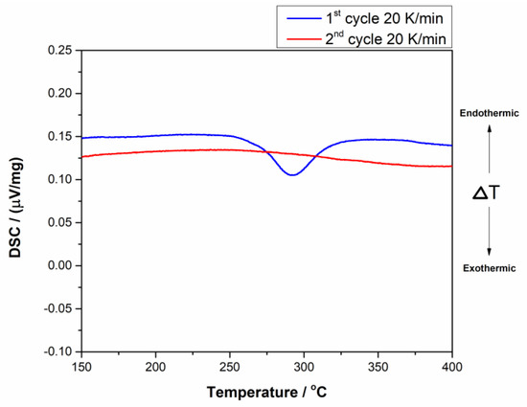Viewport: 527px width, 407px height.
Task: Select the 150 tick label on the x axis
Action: (82, 368)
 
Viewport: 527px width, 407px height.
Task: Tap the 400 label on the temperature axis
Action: (451, 368)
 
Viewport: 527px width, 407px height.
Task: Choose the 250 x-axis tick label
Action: (230, 368)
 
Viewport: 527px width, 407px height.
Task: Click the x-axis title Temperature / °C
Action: (266, 394)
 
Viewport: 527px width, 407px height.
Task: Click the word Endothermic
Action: (490, 112)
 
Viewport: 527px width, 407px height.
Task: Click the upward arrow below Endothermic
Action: (490, 146)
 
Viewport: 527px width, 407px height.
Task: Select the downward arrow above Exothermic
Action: (490, 237)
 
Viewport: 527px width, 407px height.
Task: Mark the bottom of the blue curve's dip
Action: (292, 174)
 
